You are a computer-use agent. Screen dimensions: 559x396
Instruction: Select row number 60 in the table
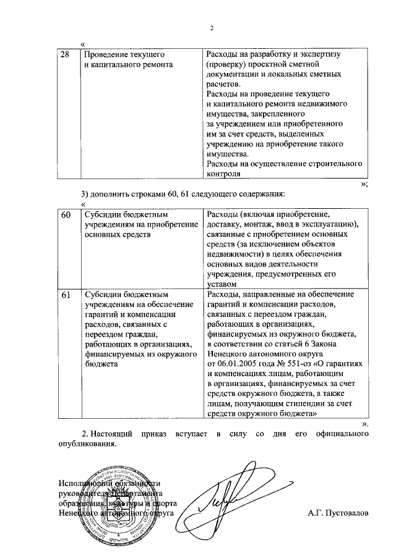pyautogui.click(x=65, y=214)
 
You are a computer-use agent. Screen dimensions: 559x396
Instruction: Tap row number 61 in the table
pyautogui.click(x=65, y=295)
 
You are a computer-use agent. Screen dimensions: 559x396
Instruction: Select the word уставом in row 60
pyautogui.click(x=221, y=284)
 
